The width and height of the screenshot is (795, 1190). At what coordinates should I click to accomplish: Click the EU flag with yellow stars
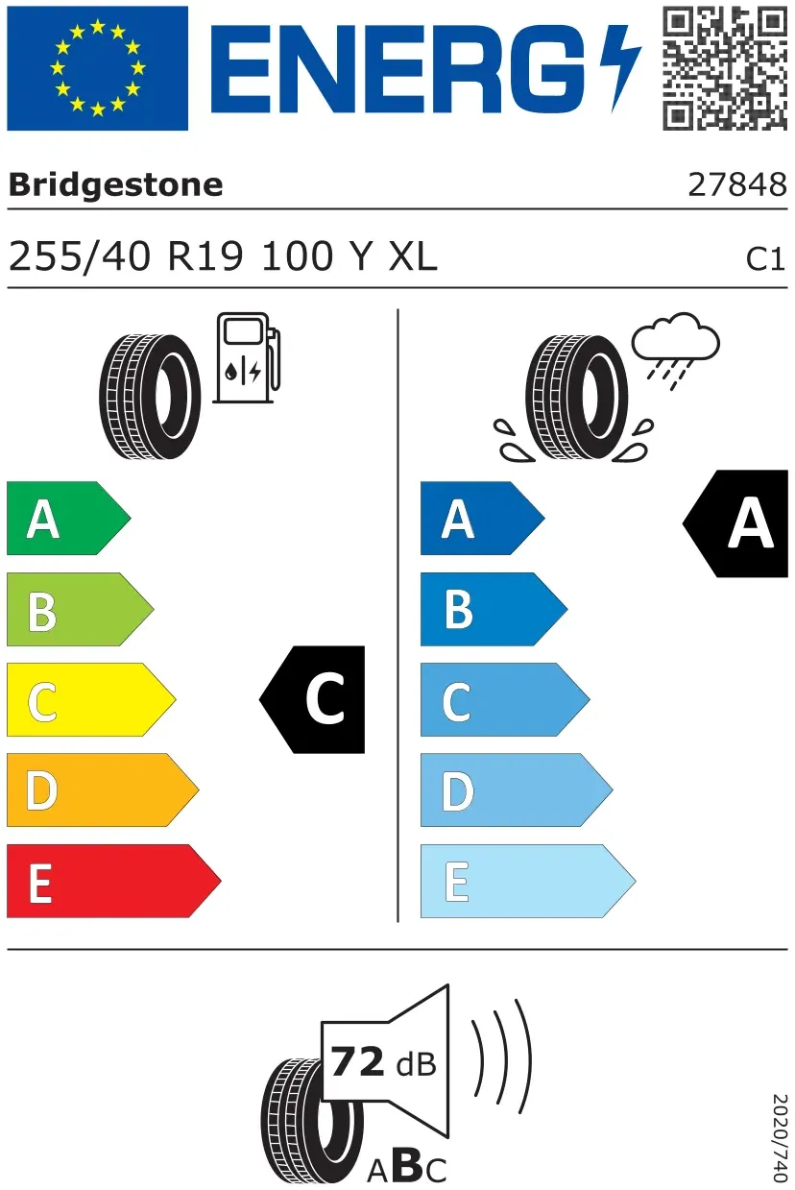(x=97, y=68)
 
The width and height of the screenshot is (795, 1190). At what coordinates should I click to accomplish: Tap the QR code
(x=725, y=68)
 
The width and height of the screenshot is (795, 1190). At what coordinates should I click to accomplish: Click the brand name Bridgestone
(x=116, y=185)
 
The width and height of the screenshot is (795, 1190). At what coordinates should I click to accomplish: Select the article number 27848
(x=737, y=184)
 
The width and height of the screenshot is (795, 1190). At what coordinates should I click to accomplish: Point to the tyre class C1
(x=765, y=259)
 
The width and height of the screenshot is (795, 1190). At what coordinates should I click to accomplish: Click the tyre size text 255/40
(x=80, y=257)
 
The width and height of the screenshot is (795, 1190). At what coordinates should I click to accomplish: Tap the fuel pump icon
(x=247, y=357)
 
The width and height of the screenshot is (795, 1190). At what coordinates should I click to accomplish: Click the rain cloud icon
(x=676, y=351)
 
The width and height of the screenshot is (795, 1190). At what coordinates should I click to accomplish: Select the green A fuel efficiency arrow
(x=68, y=518)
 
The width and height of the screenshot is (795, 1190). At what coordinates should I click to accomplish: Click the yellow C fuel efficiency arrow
(x=91, y=699)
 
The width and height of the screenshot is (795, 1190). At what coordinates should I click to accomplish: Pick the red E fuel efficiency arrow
(x=113, y=881)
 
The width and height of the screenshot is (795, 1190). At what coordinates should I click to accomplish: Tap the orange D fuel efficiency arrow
(x=103, y=789)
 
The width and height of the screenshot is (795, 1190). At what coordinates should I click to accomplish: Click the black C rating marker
(x=313, y=699)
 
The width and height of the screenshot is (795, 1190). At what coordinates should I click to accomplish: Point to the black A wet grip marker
(x=736, y=523)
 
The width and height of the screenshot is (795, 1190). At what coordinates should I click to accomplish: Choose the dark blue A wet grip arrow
(x=482, y=518)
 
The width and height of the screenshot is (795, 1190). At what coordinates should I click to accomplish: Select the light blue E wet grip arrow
(x=528, y=881)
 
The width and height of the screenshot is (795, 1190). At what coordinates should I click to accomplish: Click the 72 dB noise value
(x=383, y=1062)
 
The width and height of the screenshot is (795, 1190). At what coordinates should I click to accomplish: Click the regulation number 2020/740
(x=779, y=1136)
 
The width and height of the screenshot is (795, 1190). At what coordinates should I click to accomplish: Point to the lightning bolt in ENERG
(x=619, y=68)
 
